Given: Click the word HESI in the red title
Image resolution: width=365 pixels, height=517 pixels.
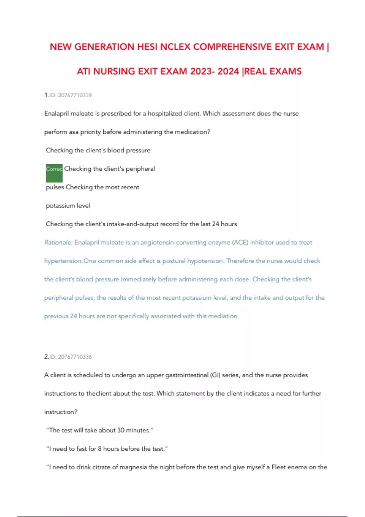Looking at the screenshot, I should (x=147, y=47).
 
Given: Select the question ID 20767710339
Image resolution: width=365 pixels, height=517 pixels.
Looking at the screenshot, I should (x=75, y=95).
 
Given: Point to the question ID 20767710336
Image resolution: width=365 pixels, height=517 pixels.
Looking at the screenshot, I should (x=75, y=357).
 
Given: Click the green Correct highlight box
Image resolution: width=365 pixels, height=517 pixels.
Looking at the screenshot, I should (x=54, y=173).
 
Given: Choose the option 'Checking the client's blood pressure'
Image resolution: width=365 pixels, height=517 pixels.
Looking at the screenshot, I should (x=98, y=150).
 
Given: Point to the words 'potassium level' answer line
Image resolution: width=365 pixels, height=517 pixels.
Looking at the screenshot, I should (x=68, y=206).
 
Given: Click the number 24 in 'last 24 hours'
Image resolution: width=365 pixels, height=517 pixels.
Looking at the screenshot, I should (x=215, y=224).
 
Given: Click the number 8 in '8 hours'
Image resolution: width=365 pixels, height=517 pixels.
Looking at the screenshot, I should (x=100, y=449).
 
